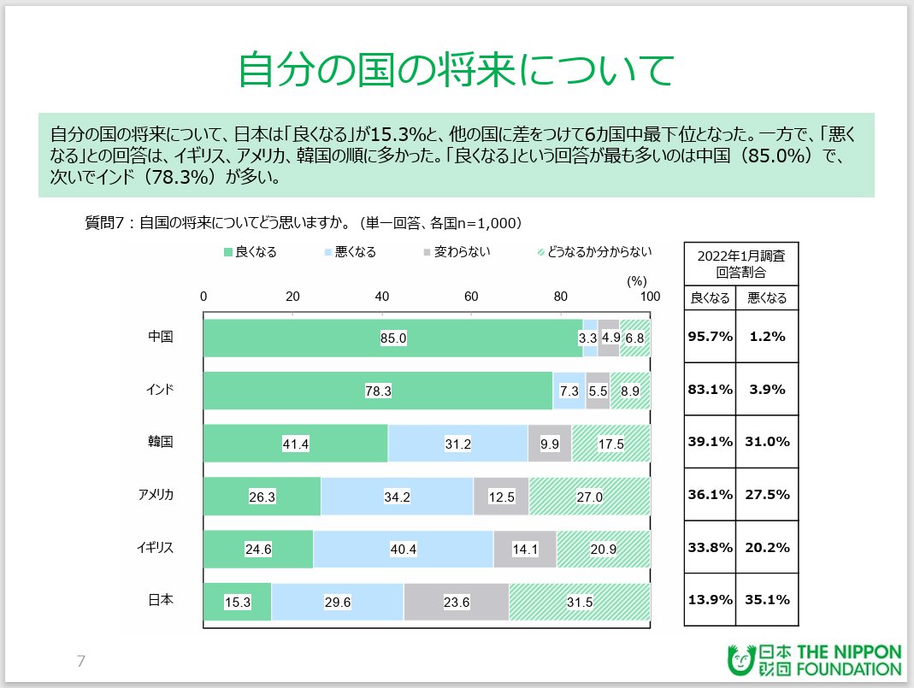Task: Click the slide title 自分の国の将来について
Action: tap(457, 70)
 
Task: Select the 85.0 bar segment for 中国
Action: tap(392, 338)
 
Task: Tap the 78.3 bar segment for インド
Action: tap(378, 391)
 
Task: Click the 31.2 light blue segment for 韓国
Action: tap(457, 443)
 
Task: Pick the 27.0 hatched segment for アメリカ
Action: tap(589, 496)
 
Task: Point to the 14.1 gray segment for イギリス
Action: tap(525, 549)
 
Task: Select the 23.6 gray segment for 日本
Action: tap(456, 602)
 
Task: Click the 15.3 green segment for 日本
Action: tap(237, 602)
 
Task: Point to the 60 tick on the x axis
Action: tap(471, 297)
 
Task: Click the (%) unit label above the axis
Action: tap(637, 279)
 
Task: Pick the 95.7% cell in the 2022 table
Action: tap(711, 337)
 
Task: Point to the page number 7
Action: tap(81, 661)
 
